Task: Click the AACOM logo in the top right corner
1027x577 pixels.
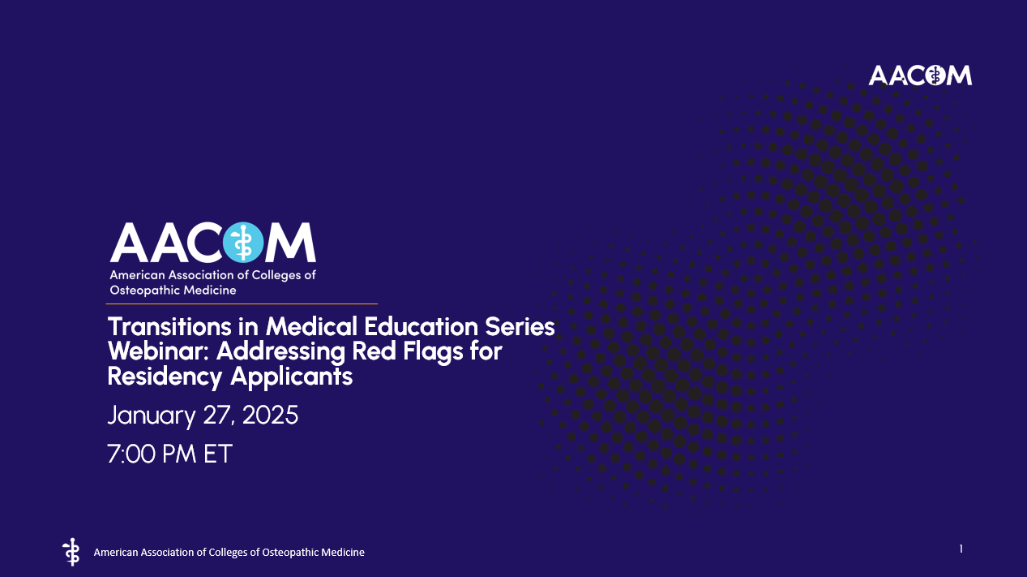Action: (x=920, y=75)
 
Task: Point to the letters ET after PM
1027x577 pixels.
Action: (x=217, y=454)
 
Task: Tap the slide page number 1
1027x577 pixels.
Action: (x=961, y=549)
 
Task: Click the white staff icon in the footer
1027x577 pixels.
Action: (x=71, y=551)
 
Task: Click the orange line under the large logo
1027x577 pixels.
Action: (x=242, y=304)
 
